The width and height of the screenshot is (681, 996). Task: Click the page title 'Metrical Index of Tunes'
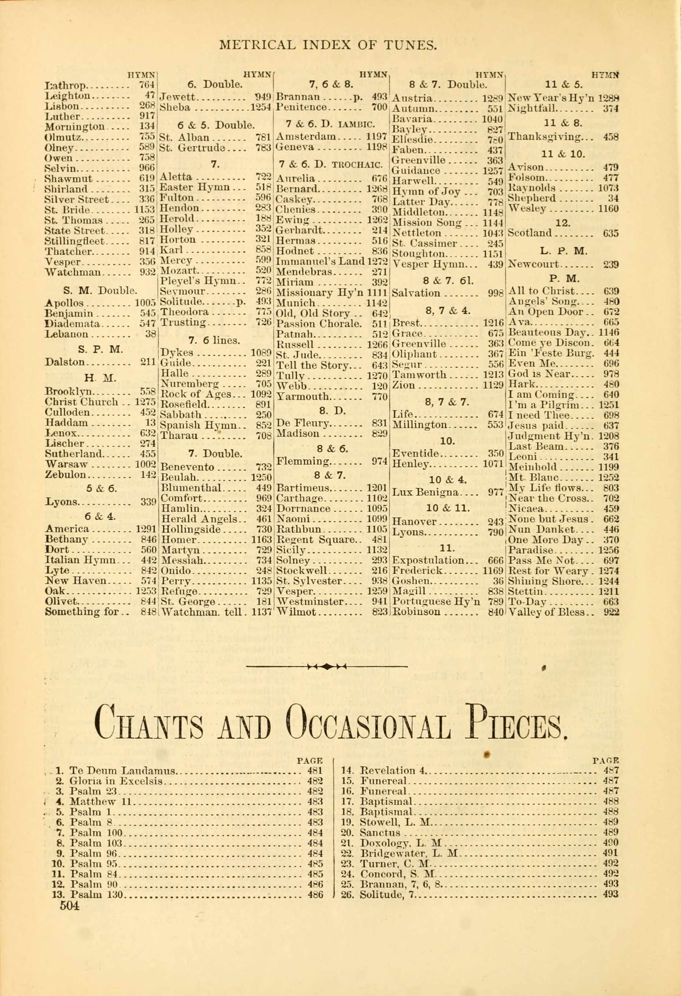pos(328,45)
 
